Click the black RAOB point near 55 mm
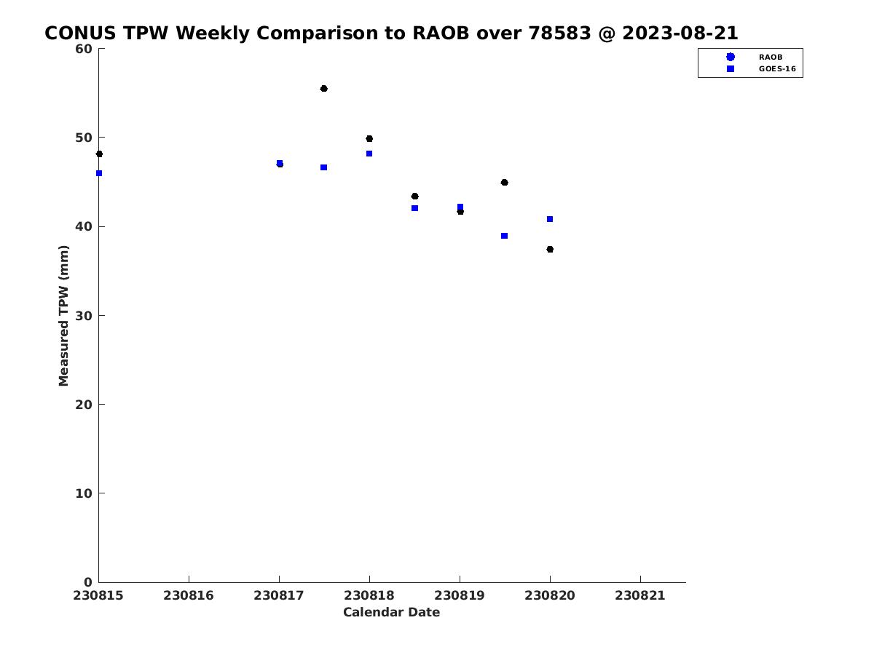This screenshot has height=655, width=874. click(x=323, y=89)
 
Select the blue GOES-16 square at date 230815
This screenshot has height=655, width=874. click(x=99, y=173)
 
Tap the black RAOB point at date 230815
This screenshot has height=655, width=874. click(x=99, y=154)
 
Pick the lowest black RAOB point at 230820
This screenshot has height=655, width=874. click(x=550, y=250)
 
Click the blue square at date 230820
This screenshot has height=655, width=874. click(x=550, y=219)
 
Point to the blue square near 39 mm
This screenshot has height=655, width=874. click(x=504, y=236)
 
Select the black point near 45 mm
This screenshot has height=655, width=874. click(x=504, y=183)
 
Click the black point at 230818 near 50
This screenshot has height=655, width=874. click(x=369, y=139)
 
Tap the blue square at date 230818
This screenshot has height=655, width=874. click(x=369, y=154)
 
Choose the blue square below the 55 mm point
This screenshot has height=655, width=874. click(x=323, y=167)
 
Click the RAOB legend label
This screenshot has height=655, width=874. click(x=771, y=57)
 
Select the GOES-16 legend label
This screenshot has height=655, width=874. click(x=777, y=69)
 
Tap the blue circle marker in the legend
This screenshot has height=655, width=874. click(x=731, y=57)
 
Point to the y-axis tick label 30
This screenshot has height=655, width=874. click(x=84, y=315)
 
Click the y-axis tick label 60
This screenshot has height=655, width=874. click(x=84, y=49)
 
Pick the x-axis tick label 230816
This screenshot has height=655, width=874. click(x=189, y=595)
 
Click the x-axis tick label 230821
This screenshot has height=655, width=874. click(x=640, y=595)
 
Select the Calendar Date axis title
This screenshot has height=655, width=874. click(x=391, y=612)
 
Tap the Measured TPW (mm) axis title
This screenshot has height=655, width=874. click(x=63, y=315)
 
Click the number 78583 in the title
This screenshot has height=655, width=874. click(x=559, y=33)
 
